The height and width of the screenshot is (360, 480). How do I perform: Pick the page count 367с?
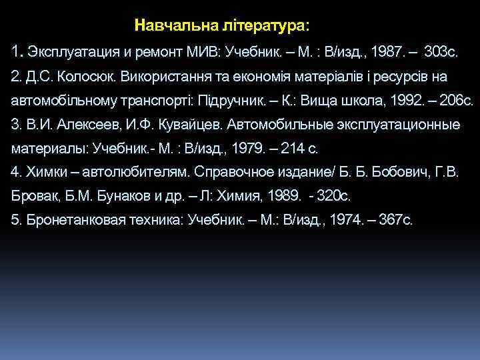click(395, 221)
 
